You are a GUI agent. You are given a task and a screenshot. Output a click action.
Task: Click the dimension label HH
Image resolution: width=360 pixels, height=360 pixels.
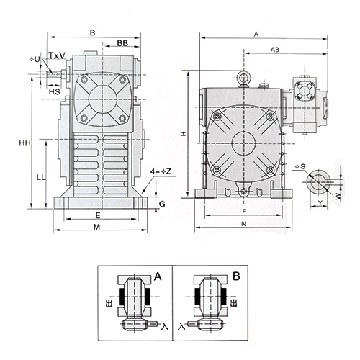[25, 143]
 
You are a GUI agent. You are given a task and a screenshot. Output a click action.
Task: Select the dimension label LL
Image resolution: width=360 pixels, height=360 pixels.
[41, 178]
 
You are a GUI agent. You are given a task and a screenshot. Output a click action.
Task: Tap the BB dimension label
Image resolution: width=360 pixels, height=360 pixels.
[122, 43]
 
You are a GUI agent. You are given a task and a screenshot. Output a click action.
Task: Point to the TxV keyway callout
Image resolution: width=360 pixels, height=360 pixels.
[57, 55]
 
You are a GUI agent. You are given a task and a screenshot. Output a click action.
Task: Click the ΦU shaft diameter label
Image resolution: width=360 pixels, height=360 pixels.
[35, 59]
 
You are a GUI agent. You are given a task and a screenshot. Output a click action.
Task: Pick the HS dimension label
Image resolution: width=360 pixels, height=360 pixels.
[55, 91]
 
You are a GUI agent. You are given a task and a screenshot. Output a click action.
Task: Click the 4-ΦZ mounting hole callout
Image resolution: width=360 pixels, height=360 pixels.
[161, 171]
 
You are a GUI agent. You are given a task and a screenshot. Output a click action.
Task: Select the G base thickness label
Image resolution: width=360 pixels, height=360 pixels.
[162, 204]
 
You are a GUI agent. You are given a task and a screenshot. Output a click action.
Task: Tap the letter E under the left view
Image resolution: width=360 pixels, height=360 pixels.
[98, 215]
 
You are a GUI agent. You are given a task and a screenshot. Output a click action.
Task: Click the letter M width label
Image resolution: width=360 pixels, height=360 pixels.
[96, 227]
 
